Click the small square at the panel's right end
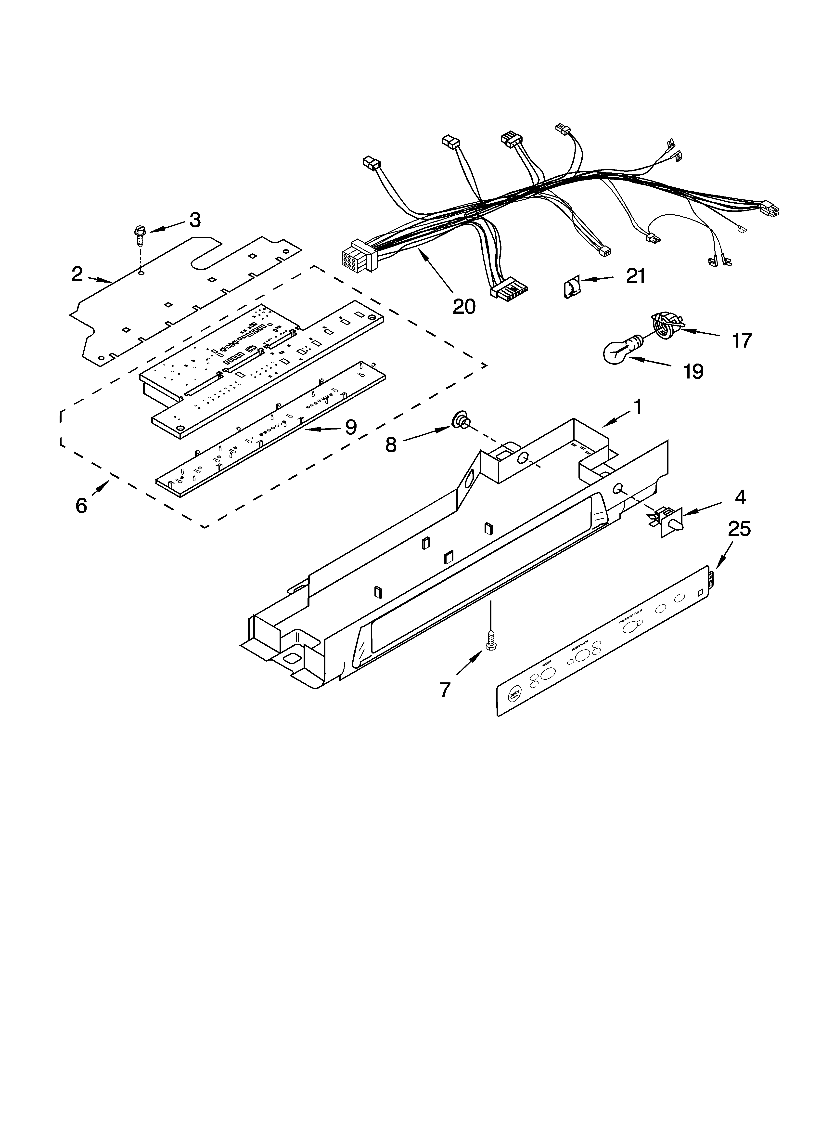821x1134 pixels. [701, 593]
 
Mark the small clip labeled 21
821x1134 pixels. [569, 288]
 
